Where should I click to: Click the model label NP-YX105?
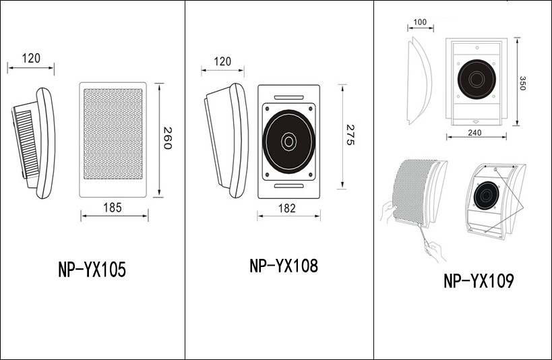click(x=92, y=270)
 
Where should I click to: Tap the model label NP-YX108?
click(x=284, y=266)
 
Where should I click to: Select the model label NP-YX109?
click(x=479, y=280)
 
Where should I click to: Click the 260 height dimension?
click(x=168, y=138)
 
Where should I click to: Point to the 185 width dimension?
click(x=113, y=208)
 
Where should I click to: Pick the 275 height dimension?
click(x=350, y=135)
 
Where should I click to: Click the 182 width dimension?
click(x=287, y=208)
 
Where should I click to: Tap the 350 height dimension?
click(x=522, y=83)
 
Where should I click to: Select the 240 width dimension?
click(x=474, y=133)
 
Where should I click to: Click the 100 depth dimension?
click(x=420, y=22)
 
